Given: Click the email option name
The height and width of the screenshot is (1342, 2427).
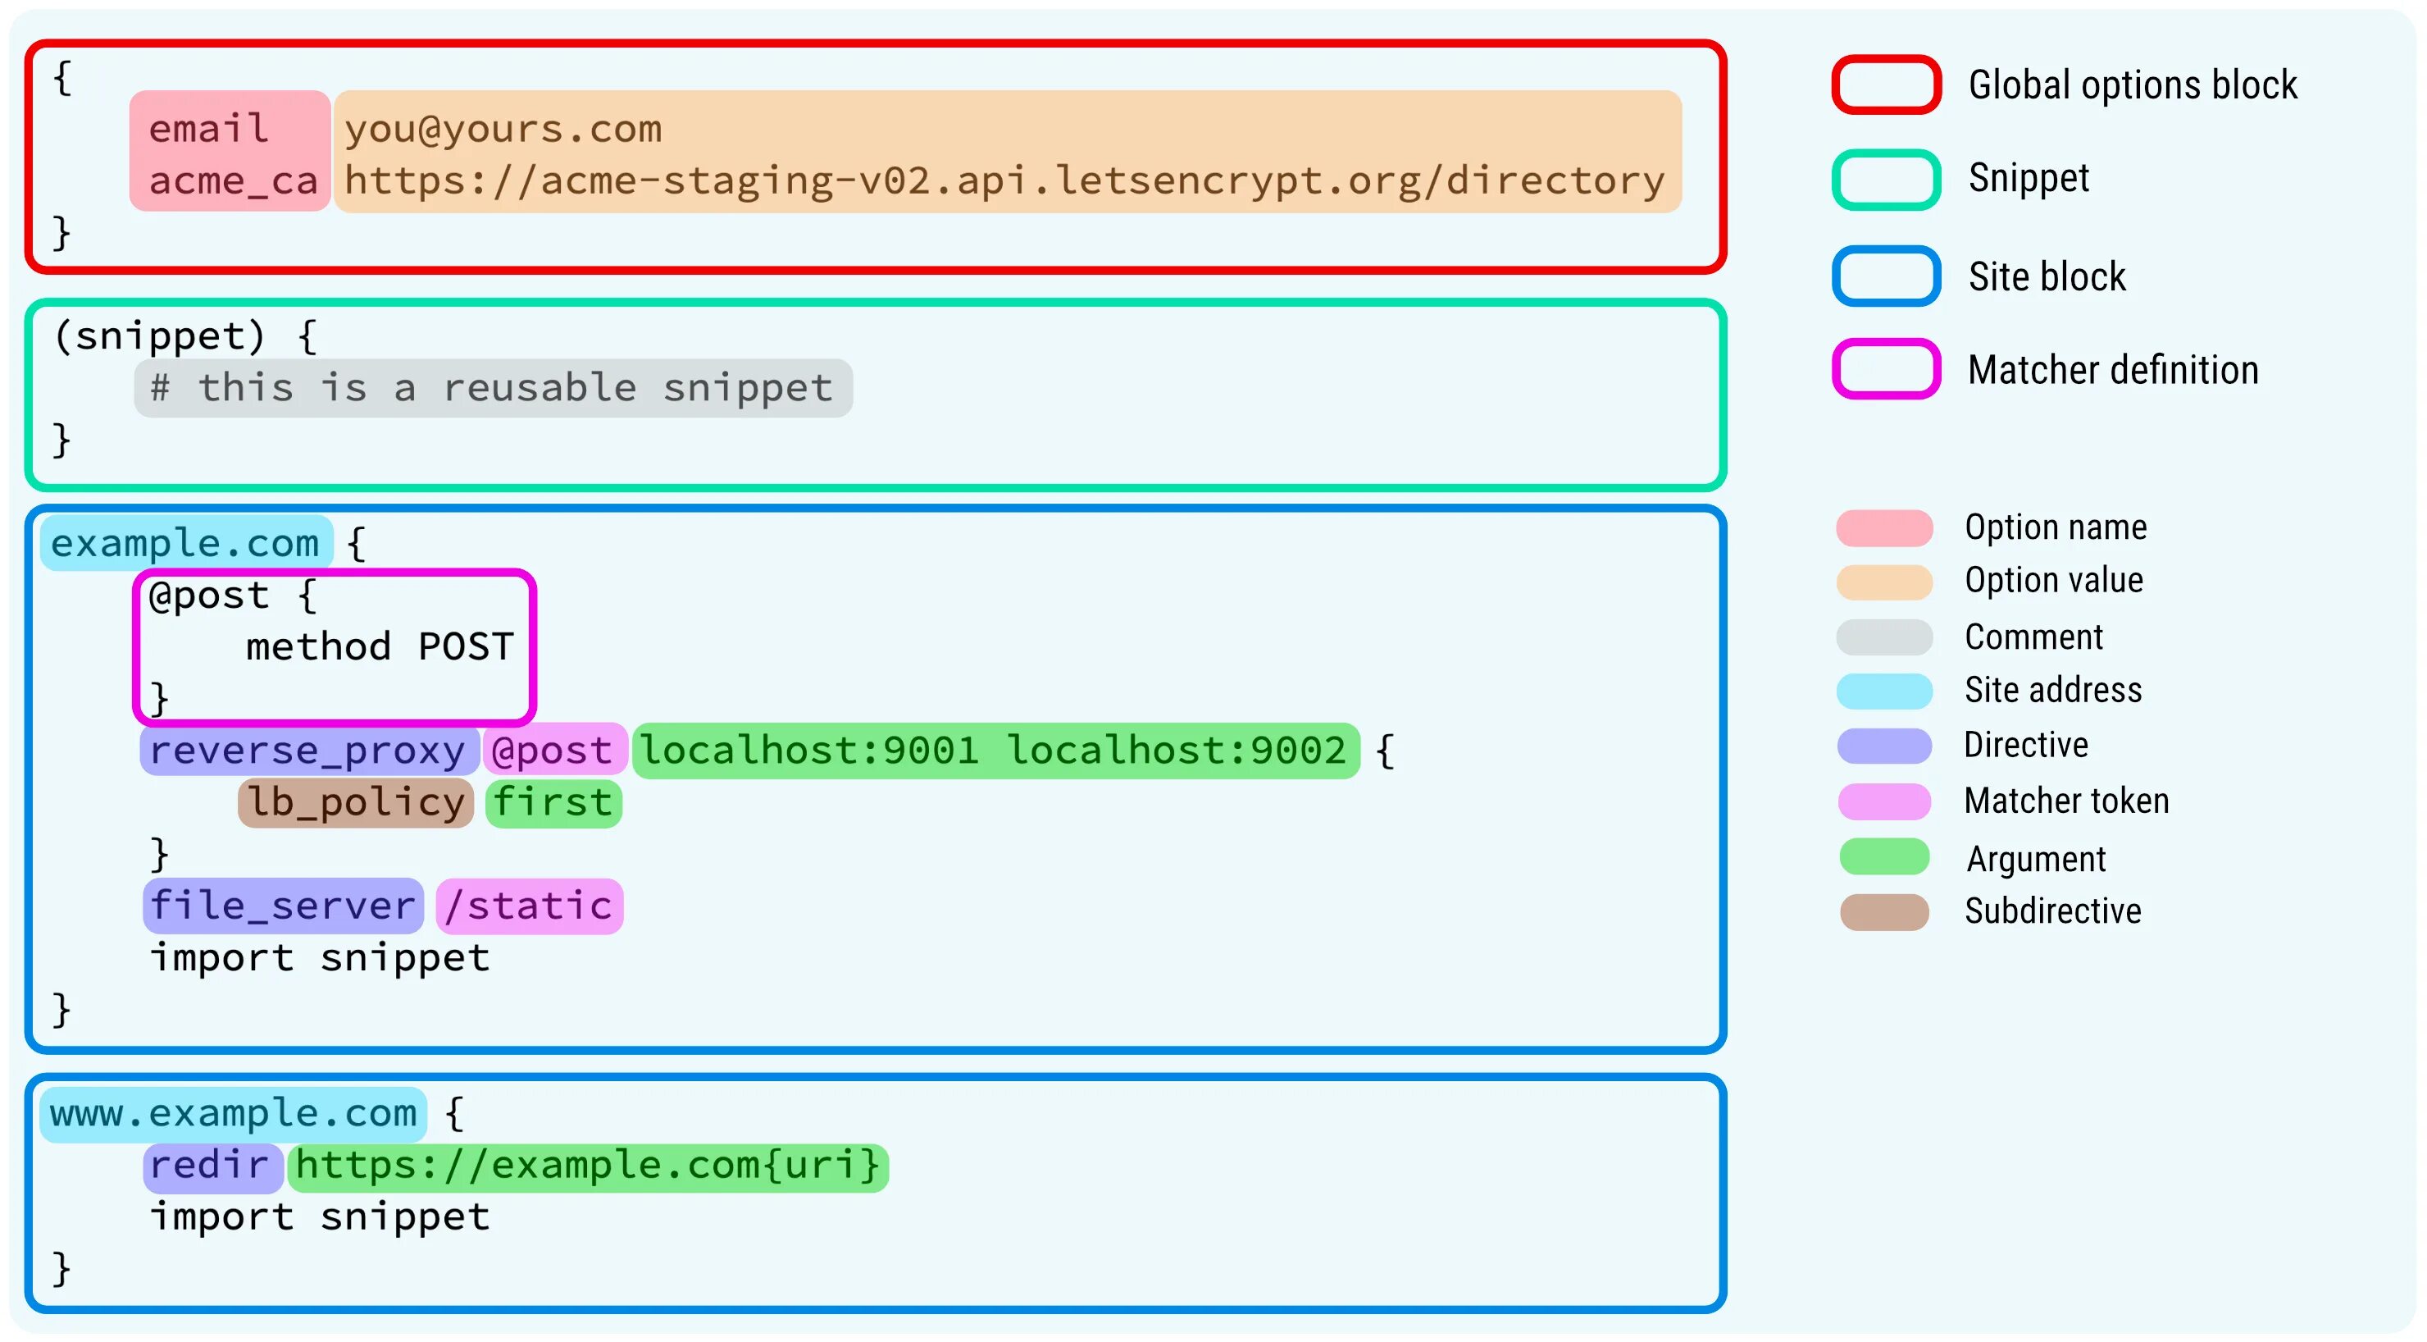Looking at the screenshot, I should pyautogui.click(x=209, y=129).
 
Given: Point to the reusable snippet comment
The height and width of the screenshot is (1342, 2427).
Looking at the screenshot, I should pyautogui.click(x=493, y=388).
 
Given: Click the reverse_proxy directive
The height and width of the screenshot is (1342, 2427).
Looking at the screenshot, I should pyautogui.click(x=307, y=751).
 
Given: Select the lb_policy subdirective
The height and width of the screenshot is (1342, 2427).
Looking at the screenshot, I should pyautogui.click(x=355, y=803).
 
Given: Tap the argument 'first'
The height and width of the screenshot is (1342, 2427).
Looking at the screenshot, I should pyautogui.click(x=553, y=803).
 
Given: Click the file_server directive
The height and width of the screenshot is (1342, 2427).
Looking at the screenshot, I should pyautogui.click(x=283, y=906).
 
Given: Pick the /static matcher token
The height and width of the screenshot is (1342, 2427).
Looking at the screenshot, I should pyautogui.click(x=529, y=906).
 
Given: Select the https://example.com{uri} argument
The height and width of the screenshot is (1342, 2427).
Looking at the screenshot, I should pyautogui.click(x=588, y=1166).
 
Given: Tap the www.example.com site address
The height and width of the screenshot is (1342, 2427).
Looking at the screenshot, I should pyautogui.click(x=233, y=1114).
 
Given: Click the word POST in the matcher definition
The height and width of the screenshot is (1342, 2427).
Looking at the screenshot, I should pyautogui.click(x=467, y=647).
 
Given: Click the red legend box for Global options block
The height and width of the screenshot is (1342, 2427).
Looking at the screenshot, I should pyautogui.click(x=1886, y=84).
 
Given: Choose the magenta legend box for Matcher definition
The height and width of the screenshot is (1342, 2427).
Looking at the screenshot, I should pyautogui.click(x=1886, y=369).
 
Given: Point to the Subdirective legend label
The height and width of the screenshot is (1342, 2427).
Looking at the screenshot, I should pyautogui.click(x=2053, y=911).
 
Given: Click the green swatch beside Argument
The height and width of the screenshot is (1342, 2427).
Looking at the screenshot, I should pyautogui.click(x=1884, y=857).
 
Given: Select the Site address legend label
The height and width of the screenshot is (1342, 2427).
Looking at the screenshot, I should pyautogui.click(x=2053, y=691).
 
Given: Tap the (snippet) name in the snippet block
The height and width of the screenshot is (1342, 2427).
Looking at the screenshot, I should pyautogui.click(x=159, y=336).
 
